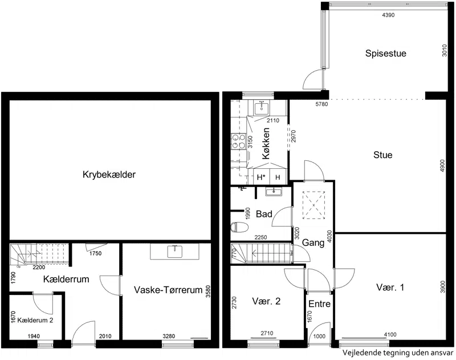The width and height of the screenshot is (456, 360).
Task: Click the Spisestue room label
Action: click(386, 54)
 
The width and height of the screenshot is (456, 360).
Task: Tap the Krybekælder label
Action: click(109, 175)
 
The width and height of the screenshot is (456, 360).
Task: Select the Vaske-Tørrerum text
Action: click(168, 290)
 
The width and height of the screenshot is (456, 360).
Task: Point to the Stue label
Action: click(382, 155)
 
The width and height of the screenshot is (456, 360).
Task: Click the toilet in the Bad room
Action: click(239, 227)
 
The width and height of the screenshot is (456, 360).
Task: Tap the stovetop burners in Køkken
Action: click(238, 141)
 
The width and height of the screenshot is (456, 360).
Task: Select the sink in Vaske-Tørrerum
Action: click(175, 252)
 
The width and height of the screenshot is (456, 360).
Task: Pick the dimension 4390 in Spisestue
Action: click(388, 15)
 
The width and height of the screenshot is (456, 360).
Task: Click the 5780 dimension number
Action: click(321, 104)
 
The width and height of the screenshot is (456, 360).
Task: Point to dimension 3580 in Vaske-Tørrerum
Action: click(208, 292)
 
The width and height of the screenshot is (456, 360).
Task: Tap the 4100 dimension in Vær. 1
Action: click(390, 335)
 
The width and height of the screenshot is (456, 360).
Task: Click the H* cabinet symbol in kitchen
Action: click(261, 177)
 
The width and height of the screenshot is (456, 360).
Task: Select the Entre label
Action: click(319, 304)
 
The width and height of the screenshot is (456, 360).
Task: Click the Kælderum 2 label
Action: click(35, 321)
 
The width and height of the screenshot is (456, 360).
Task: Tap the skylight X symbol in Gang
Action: click(314, 205)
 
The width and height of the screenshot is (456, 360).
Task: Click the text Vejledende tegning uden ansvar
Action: click(397, 353)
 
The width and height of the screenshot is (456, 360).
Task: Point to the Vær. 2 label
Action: click(266, 301)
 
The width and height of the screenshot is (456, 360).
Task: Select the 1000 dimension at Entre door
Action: click(319, 337)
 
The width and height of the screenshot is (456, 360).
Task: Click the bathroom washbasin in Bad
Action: click(274, 192)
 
